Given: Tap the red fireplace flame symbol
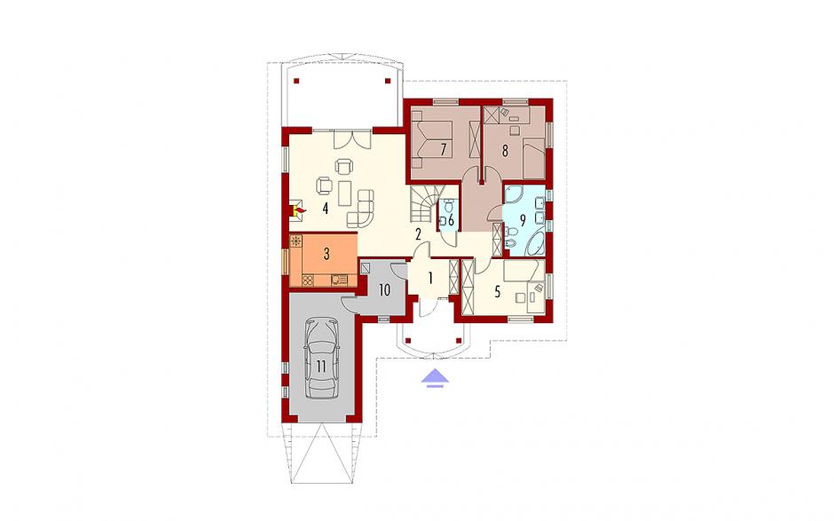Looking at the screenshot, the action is tap(299, 211).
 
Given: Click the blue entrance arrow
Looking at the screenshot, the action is tap(436, 376).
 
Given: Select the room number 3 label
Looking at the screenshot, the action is tap(327, 254).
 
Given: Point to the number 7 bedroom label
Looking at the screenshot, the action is tap(443, 149).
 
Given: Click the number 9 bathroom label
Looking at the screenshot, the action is tap(523, 219).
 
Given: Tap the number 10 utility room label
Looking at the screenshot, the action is tap(384, 290).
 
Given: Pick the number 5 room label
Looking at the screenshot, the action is tap(498, 292).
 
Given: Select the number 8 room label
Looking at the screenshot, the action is tap(505, 151).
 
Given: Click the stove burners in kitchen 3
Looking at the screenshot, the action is tap(308, 279).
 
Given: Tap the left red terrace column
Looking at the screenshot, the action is tap(296, 82).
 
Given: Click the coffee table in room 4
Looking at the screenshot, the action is tap(345, 193).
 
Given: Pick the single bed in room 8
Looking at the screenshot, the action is tap(533, 158).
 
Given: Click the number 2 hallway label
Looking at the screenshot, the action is tap(419, 233).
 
